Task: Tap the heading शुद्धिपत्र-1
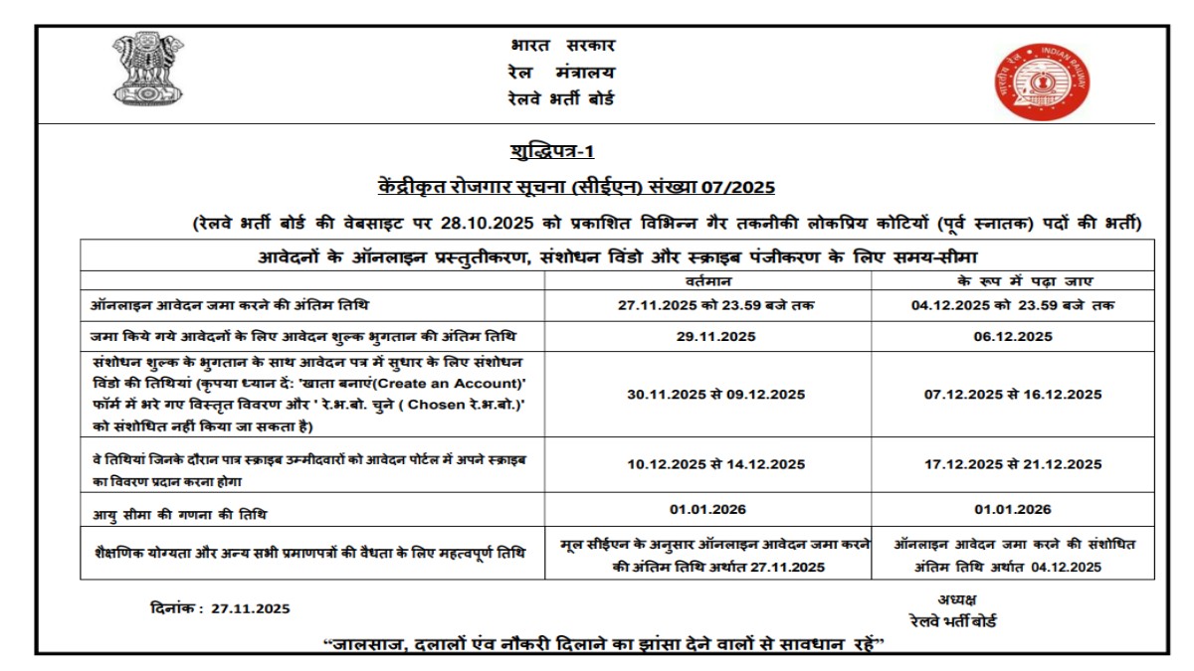(550, 151)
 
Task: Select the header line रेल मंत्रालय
(560, 72)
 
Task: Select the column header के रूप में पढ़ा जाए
(1012, 281)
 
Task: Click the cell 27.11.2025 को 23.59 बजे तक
(707, 305)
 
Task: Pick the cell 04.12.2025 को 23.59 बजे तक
(1012, 305)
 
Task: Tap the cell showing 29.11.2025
(707, 337)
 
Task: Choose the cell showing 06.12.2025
(1012, 337)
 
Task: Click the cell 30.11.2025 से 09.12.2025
(707, 394)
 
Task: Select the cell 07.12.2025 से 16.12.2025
(1012, 394)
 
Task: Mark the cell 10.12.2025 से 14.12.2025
(707, 464)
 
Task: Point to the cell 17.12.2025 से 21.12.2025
(1012, 464)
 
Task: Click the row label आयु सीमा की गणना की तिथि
(179, 515)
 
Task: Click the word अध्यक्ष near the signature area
(956, 598)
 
